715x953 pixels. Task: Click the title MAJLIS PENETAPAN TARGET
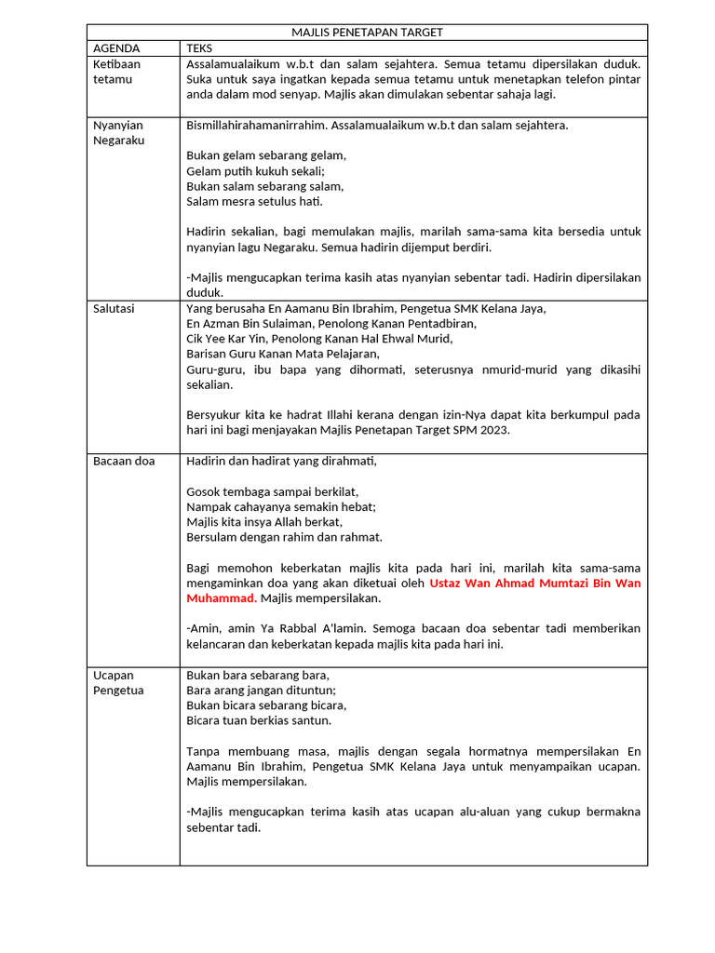point(367,33)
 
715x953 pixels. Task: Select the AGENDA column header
point(116,47)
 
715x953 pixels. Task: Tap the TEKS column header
point(199,47)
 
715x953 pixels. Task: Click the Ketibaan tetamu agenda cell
point(116,72)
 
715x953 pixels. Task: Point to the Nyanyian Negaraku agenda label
point(119,132)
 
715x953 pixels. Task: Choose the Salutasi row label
point(114,309)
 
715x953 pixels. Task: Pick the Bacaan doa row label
point(124,461)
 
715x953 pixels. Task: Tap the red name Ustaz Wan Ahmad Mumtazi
point(534,584)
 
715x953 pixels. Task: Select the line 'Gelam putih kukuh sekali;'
point(255,171)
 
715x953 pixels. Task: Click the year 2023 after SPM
point(495,430)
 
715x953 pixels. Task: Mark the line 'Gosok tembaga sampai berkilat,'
point(272,491)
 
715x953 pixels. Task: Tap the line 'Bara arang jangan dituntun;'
point(261,691)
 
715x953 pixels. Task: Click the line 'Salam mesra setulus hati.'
point(254,201)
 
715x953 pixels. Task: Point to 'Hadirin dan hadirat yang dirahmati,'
point(282,461)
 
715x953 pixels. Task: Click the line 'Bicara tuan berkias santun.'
point(258,720)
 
